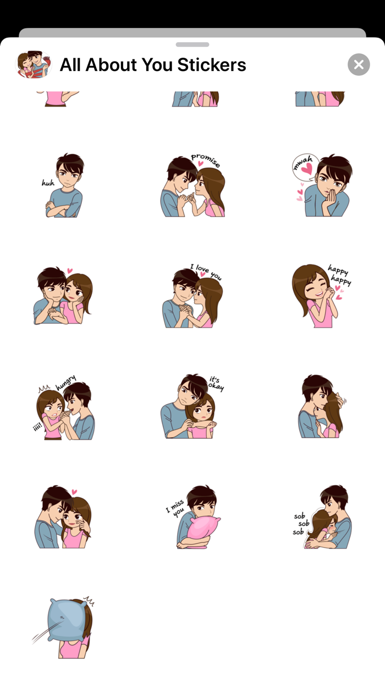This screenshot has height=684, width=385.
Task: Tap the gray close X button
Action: point(359,64)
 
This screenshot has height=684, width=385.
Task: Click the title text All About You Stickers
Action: point(153,65)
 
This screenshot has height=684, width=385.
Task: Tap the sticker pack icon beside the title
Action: point(34,64)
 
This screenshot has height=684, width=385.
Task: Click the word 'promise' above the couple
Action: point(205,160)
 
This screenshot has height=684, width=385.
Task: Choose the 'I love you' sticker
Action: point(193,297)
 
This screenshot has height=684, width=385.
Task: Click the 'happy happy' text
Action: point(339,275)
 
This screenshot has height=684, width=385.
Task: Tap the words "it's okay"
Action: point(216,383)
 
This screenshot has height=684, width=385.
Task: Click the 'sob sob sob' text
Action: point(299,524)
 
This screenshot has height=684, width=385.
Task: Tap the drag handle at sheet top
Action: point(193,45)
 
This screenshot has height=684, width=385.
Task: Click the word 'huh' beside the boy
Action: point(48,183)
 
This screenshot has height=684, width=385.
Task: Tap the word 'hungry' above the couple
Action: point(65,383)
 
